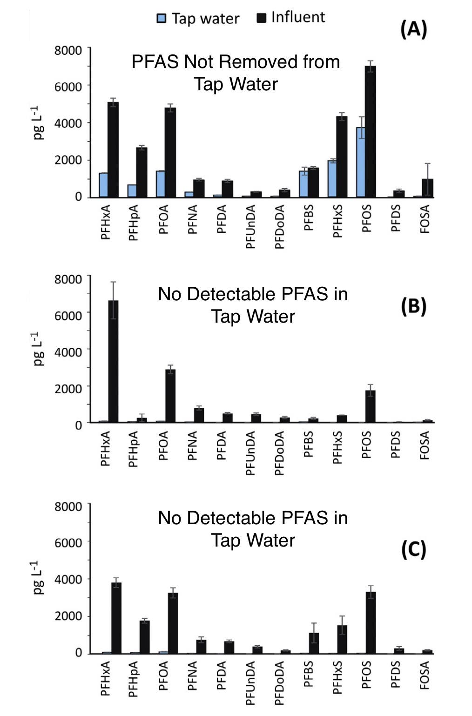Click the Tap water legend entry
coord(198,19)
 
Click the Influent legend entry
coord(291,17)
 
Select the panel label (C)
coord(413,550)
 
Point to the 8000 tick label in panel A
coord(68,50)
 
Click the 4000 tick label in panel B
coord(68,352)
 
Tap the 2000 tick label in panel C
coord(68,616)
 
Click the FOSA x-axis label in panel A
coord(425,219)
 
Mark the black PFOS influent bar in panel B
coord(370,406)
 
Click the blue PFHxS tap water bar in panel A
coord(331,179)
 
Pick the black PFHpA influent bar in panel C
coord(144,637)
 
